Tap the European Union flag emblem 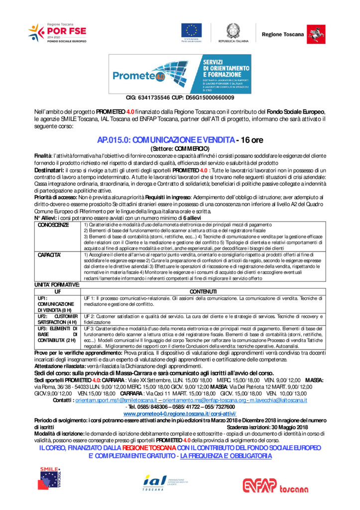pos(192,31)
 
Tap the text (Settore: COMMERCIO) pos(179,148)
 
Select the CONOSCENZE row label pos(54,225)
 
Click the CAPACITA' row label pos(49,255)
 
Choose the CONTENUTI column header pos(203,291)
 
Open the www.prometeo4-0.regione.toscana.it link pos(180,414)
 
